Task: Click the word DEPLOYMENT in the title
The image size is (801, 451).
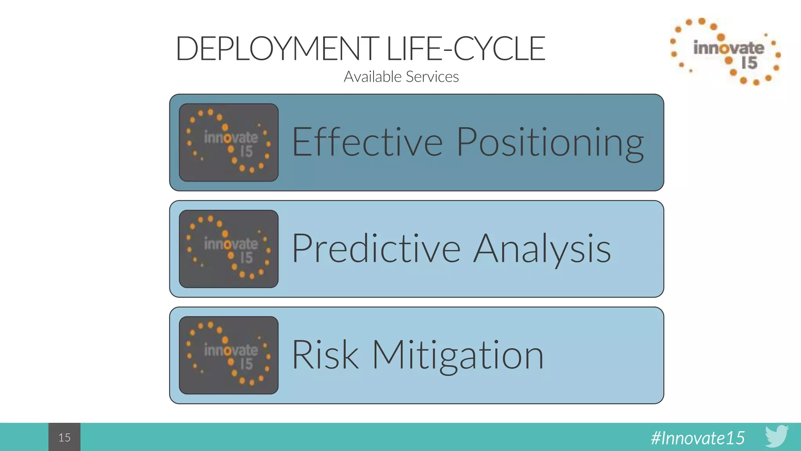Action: [277, 49]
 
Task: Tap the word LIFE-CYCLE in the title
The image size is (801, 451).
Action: [465, 49]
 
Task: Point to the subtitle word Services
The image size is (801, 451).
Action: [433, 77]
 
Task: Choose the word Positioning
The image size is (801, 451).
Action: [550, 143]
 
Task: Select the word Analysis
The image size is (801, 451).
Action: [542, 249]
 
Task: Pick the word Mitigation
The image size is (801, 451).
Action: [458, 355]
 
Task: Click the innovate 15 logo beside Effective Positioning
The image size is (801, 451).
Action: [229, 143]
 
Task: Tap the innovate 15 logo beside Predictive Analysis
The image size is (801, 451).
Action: [229, 249]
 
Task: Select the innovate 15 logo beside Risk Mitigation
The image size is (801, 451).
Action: [229, 355]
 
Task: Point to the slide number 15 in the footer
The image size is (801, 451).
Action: [65, 437]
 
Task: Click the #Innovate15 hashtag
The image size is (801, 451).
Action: [698, 438]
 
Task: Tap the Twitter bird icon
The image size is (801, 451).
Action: [777, 435]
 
